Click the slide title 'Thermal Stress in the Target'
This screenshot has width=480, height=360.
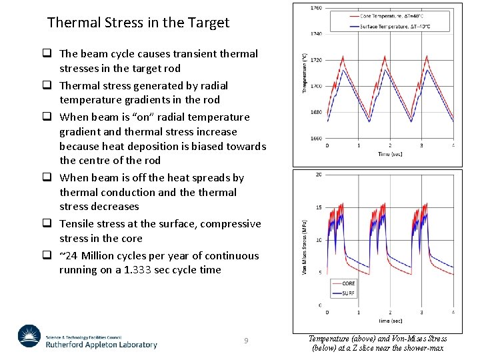click(x=138, y=22)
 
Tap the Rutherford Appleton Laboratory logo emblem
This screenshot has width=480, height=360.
click(x=29, y=337)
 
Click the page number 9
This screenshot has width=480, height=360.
click(x=246, y=341)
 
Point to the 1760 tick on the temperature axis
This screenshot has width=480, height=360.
click(x=316, y=8)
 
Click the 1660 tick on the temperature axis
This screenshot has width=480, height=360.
click(x=316, y=139)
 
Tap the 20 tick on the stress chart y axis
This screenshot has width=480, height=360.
click(x=319, y=175)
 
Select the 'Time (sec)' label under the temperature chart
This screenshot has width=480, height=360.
click(x=390, y=154)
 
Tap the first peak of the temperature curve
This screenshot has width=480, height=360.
click(x=343, y=57)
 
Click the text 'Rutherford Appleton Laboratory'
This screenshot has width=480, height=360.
click(x=101, y=345)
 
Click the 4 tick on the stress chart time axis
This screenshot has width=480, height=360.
click(x=453, y=312)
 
